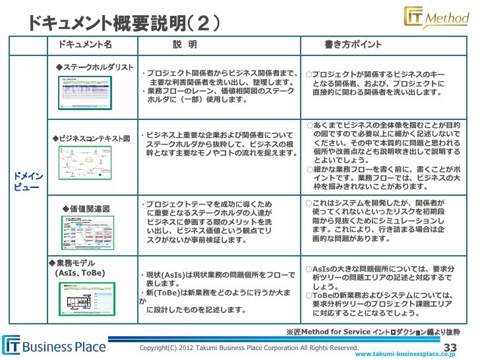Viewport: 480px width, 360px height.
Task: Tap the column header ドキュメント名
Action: [x=85, y=45]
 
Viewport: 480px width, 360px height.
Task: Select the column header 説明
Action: [x=185, y=45]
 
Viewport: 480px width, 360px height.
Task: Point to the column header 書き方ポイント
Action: [x=353, y=45]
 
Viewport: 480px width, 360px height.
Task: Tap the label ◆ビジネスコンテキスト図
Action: [x=92, y=138]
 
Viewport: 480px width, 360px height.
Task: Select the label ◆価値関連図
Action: [x=86, y=209]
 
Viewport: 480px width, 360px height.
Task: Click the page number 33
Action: [x=452, y=347]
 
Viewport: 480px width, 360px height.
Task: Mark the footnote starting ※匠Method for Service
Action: [x=373, y=332]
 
